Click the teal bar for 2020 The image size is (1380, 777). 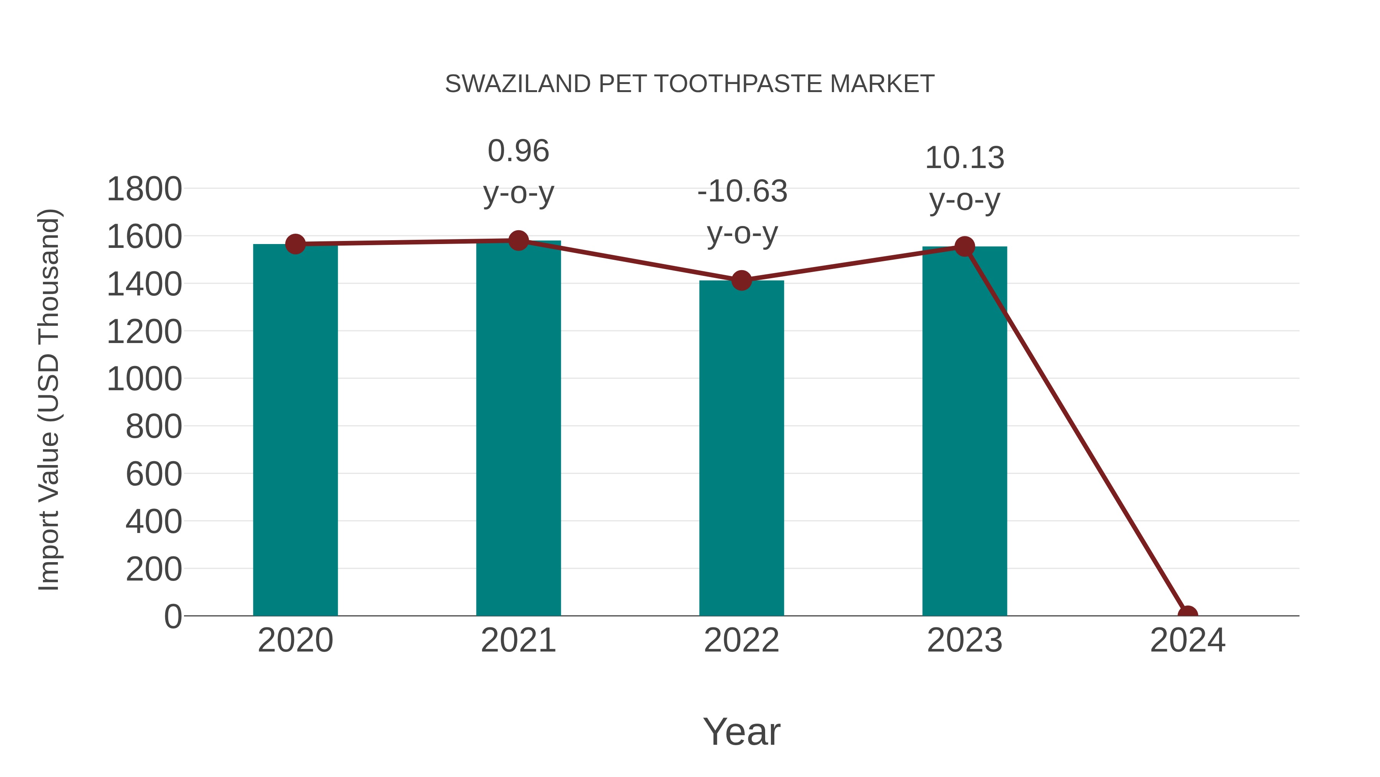click(295, 429)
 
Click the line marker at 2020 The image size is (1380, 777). click(295, 244)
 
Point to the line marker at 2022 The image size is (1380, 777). click(741, 280)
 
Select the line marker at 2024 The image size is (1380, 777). click(1188, 615)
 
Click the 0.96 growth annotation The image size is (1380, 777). click(518, 171)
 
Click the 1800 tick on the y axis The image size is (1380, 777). click(144, 189)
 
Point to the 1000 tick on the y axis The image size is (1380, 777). click(144, 379)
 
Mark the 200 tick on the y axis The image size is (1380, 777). click(154, 569)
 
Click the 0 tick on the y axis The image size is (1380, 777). click(172, 616)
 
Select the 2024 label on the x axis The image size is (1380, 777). click(1188, 640)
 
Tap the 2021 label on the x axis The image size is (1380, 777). click(518, 640)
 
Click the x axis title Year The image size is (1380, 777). click(741, 731)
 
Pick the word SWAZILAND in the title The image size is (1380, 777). click(517, 84)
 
